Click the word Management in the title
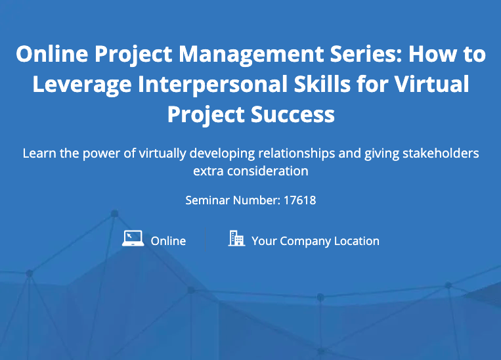click(x=251, y=55)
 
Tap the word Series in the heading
click(x=366, y=53)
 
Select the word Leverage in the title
click(x=82, y=85)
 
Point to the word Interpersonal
click(x=213, y=85)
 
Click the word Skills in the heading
click(x=322, y=84)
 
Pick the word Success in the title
click(x=293, y=114)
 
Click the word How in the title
click(x=429, y=53)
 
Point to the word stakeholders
click(x=441, y=153)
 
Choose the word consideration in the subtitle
click(x=268, y=171)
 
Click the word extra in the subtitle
click(x=208, y=171)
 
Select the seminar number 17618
click(x=299, y=200)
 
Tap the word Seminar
click(x=207, y=200)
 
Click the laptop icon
click(x=133, y=238)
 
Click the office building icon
click(x=236, y=238)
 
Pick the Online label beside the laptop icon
click(x=168, y=241)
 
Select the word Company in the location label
click(x=305, y=242)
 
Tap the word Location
click(x=357, y=241)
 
